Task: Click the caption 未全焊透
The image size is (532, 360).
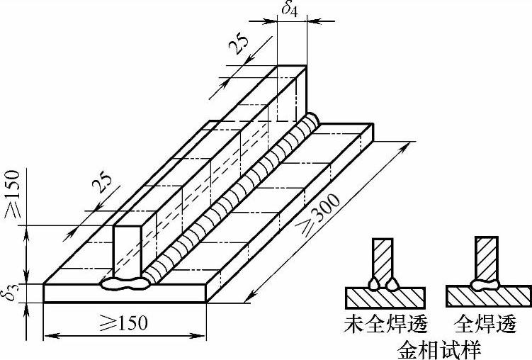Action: tap(383, 323)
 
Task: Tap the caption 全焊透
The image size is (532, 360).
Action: tap(487, 323)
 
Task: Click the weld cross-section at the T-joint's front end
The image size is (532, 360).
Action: tap(125, 284)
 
